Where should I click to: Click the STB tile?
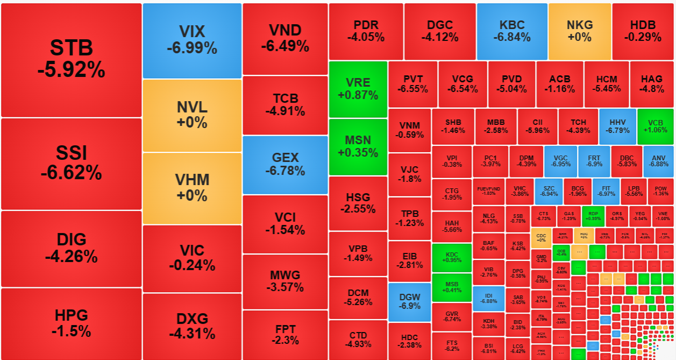pyautogui.click(x=72, y=60)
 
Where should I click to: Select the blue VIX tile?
pyautogui.click(x=192, y=40)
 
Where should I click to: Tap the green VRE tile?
pyautogui.click(x=358, y=89)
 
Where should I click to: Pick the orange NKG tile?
pyautogui.click(x=580, y=31)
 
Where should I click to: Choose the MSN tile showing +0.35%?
pyautogui.click(x=358, y=146)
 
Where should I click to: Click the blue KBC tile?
pyautogui.click(x=511, y=31)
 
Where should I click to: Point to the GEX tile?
pyautogui.click(x=285, y=165)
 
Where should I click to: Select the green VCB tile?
pyautogui.click(x=655, y=126)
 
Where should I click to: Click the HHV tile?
pyautogui.click(x=617, y=126)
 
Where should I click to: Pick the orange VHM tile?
pyautogui.click(x=192, y=188)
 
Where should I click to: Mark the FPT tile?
pyautogui.click(x=285, y=335)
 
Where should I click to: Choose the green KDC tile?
pyautogui.click(x=452, y=257)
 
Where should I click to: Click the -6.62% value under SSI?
pyautogui.click(x=71, y=172)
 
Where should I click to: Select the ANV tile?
pyautogui.click(x=658, y=161)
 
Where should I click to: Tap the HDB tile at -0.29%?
pyautogui.click(x=643, y=31)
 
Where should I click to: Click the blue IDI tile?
pyautogui.click(x=488, y=299)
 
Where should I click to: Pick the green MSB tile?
pyautogui.click(x=452, y=286)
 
